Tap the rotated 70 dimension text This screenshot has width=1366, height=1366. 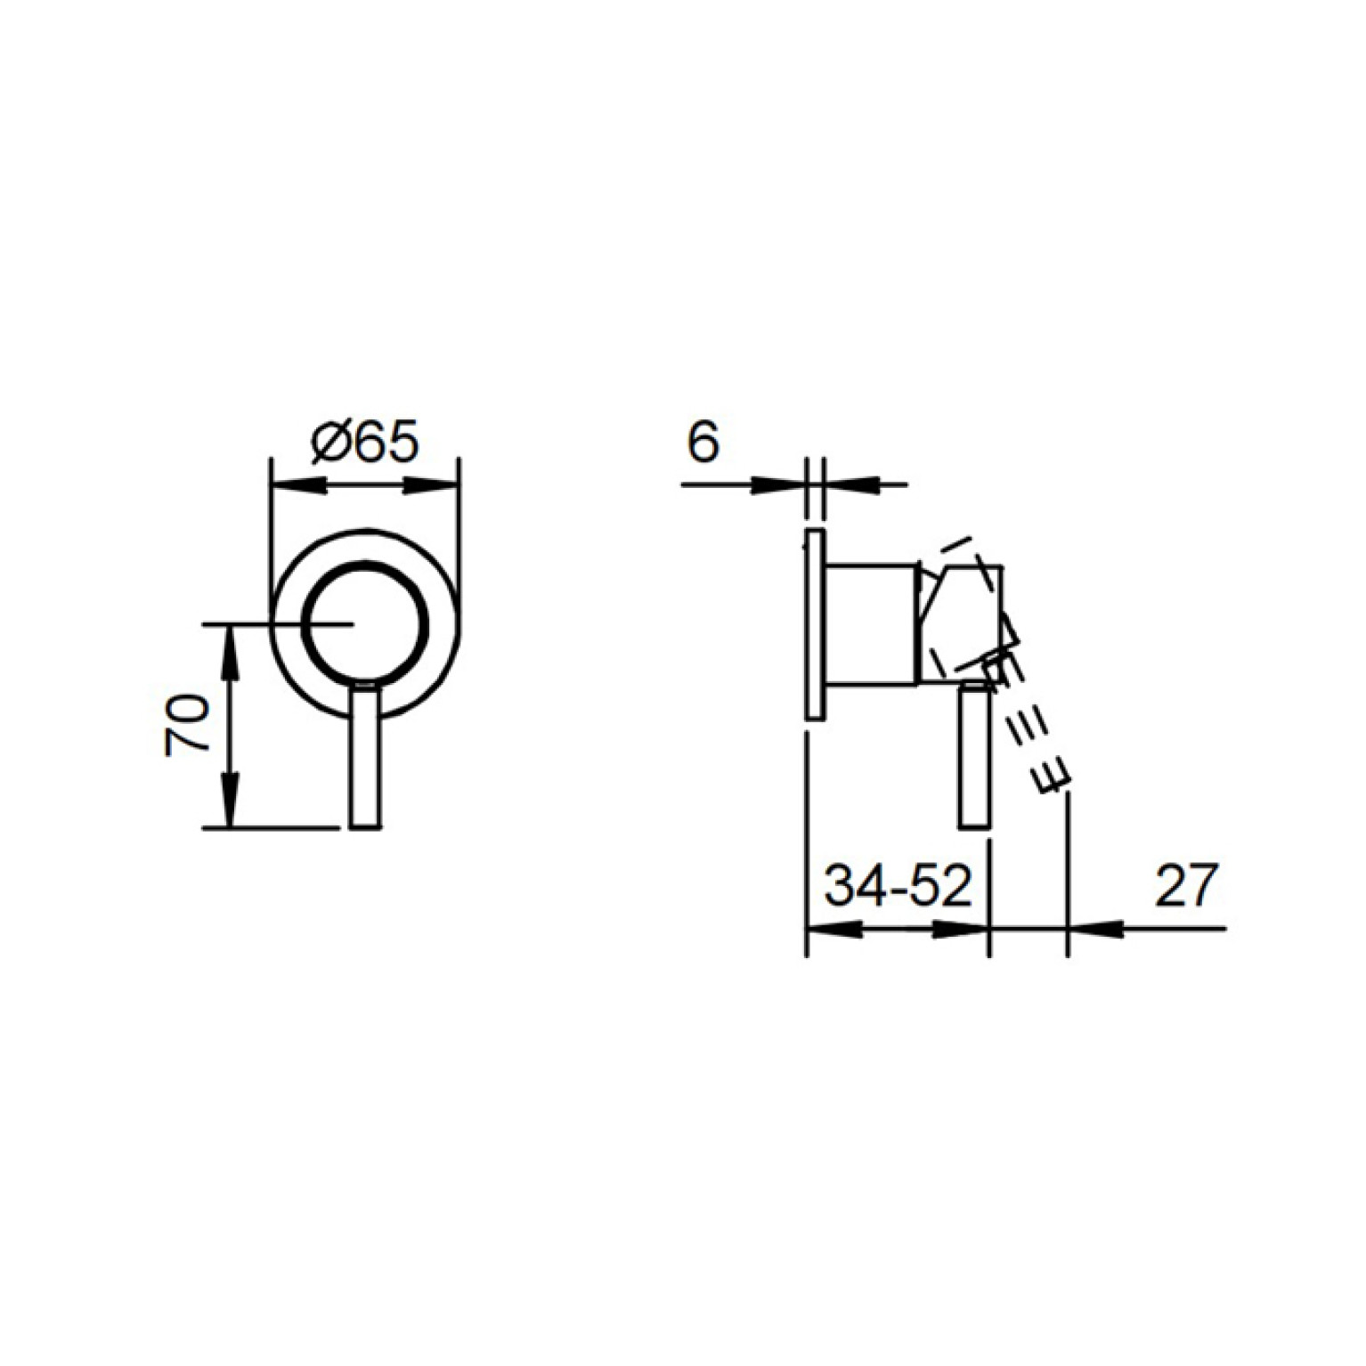(186, 725)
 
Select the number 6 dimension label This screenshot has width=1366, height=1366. (703, 443)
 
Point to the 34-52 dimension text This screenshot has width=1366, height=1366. (897, 886)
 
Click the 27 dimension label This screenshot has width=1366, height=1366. (1185, 886)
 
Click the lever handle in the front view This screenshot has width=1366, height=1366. (365, 757)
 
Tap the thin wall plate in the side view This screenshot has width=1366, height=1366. (814, 624)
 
